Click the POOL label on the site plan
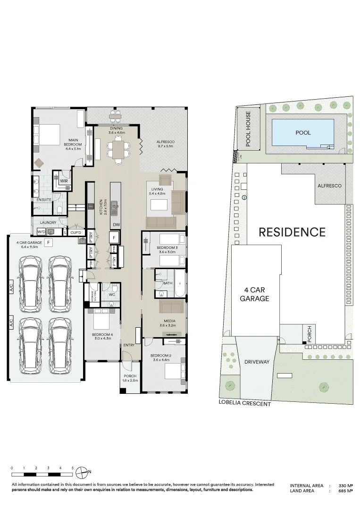point(303,133)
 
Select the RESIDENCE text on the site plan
point(292,232)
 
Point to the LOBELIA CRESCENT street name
point(245,404)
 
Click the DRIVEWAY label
point(257,362)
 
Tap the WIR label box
point(63,181)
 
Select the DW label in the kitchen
point(116,225)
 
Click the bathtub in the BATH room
point(180,283)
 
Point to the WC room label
point(112,295)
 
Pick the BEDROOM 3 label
point(167,250)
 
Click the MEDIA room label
point(167,323)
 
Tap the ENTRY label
point(129,345)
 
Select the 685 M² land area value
point(347,491)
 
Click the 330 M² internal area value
point(347,485)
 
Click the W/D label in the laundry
point(41,232)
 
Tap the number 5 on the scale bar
point(73,468)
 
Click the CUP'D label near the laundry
point(76,232)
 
